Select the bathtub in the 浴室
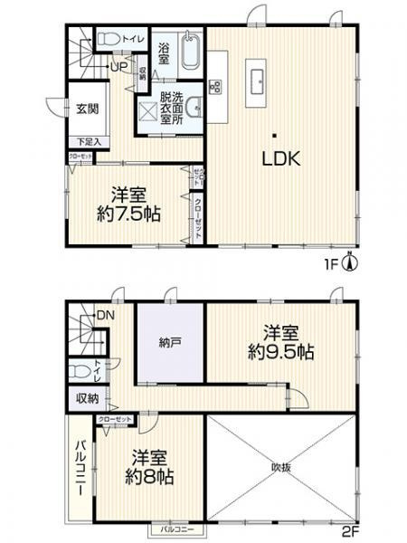190,54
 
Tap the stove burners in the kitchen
217,87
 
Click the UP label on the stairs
118,66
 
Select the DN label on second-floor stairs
106,315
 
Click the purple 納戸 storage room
171,342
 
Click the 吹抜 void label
281,467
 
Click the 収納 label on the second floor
88,398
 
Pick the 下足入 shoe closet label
87,142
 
